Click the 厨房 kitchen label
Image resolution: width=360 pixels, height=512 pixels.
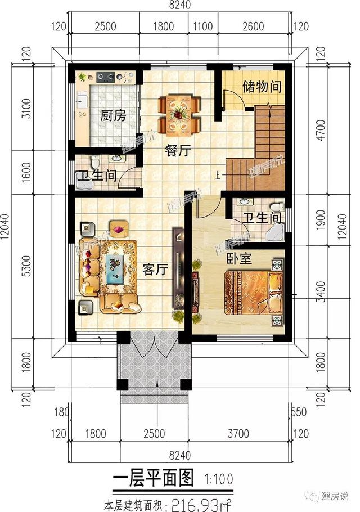112,116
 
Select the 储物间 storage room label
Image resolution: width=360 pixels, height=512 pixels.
262,87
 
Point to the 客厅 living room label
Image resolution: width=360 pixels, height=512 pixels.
156,270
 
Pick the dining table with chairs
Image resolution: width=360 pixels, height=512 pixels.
179,114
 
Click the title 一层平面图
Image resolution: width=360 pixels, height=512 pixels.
153,479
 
